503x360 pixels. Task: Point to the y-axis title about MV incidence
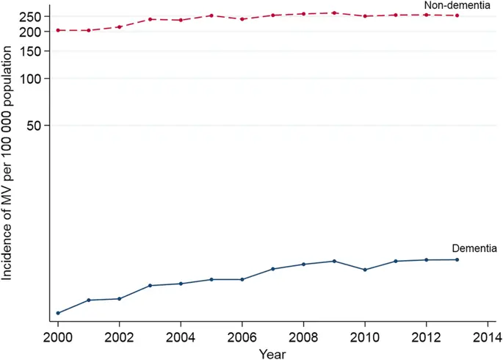coord(8,162)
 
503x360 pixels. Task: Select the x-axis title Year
coord(271,353)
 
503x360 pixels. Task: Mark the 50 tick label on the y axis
coord(35,126)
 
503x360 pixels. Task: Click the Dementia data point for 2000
coord(57,313)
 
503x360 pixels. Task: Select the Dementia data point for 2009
coord(334,261)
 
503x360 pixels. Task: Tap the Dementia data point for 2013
coord(457,259)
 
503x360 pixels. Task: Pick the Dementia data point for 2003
coord(150,285)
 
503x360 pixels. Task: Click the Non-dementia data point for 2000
coord(57,30)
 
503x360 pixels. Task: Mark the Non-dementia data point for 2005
coord(211,15)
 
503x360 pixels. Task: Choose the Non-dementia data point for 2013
coord(457,15)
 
